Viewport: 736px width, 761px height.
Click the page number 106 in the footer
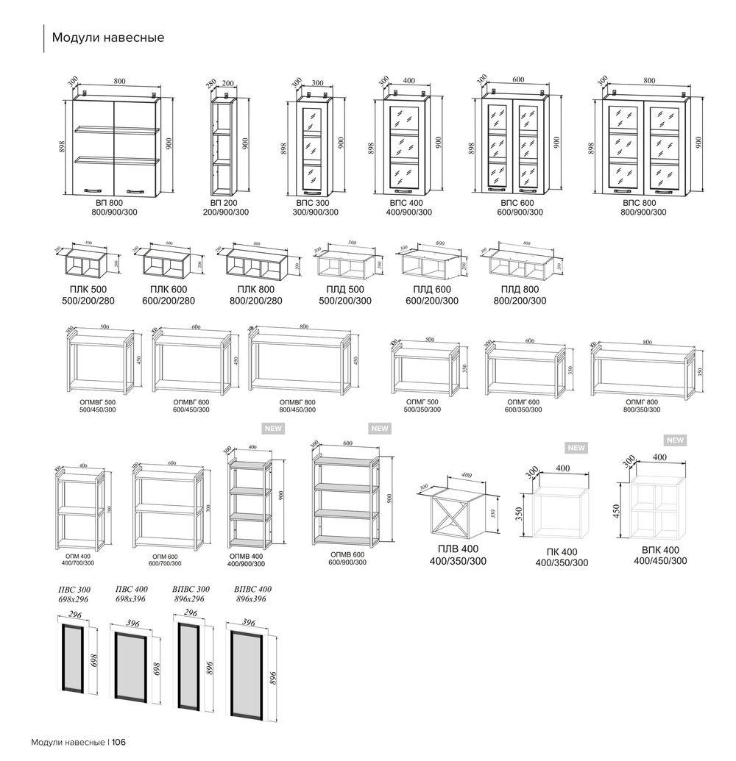120,742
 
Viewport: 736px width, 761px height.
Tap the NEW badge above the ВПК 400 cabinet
674,440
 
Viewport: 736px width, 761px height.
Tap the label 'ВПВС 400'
252,590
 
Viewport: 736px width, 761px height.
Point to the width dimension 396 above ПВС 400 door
133,623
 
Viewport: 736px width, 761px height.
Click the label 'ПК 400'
562,552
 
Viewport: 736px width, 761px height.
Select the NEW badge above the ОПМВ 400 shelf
274,428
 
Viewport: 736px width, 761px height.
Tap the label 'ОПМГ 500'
422,401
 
